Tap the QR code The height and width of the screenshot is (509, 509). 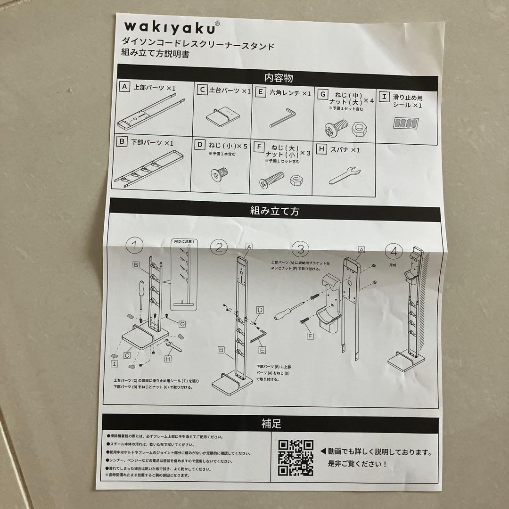[x=296, y=457]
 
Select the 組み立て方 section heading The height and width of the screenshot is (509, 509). [x=274, y=211]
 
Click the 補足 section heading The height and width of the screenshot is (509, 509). [x=271, y=423]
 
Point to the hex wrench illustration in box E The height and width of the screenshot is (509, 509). [x=282, y=118]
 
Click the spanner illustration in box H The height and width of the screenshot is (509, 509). [x=345, y=176]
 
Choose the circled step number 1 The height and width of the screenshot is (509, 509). [x=135, y=245]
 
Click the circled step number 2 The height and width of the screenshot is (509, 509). [x=219, y=246]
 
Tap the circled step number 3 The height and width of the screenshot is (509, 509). [x=300, y=248]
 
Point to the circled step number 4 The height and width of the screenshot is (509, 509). [x=394, y=250]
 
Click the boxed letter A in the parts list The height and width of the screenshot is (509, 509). [x=124, y=87]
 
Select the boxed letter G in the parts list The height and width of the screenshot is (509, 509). [x=323, y=94]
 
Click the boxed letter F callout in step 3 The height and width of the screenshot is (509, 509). [x=310, y=336]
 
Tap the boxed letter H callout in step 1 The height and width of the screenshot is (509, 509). [x=168, y=358]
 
